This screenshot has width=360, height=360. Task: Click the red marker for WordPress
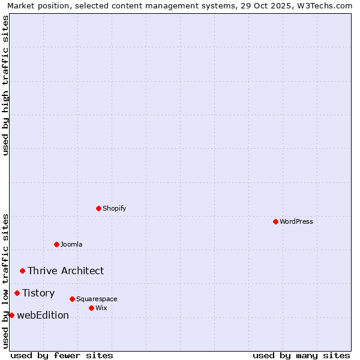click(275, 221)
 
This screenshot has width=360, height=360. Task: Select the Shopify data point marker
click(98, 208)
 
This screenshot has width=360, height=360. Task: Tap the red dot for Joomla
click(56, 244)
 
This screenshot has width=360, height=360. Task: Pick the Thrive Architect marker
click(22, 271)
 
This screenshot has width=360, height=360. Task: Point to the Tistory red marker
click(17, 293)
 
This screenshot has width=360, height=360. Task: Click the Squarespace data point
click(72, 299)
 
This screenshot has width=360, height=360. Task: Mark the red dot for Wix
click(91, 308)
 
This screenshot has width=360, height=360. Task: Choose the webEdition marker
click(11, 315)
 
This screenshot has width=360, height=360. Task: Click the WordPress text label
click(296, 221)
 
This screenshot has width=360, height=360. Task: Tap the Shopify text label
click(115, 208)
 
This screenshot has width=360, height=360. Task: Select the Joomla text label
click(71, 244)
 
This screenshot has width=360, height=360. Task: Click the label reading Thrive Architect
click(65, 271)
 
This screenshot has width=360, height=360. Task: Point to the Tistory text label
click(38, 293)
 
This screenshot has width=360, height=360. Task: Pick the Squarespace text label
click(97, 299)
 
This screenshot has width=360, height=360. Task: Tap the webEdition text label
click(43, 315)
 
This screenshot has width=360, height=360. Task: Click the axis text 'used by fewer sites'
click(62, 355)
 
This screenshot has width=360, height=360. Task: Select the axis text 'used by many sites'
click(301, 355)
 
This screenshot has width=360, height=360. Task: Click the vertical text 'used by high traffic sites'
click(5, 85)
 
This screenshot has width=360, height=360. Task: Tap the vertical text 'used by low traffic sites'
click(5, 281)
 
